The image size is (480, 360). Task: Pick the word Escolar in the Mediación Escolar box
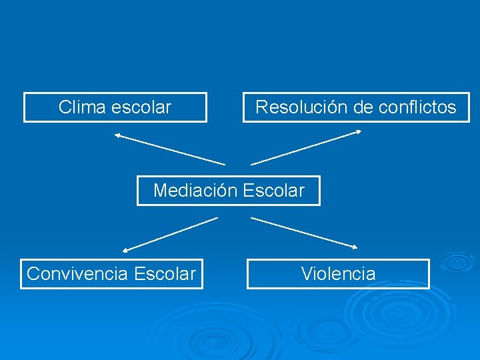pos(273,191)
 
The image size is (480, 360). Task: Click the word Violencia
pos(338,273)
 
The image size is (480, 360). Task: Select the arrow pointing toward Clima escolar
pos(169,149)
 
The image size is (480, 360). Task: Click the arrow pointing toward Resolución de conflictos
pos(306,147)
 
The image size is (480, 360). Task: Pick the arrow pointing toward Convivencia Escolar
pos(171,234)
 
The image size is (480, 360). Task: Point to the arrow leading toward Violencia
pos(304,233)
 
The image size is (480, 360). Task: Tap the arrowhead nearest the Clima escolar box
pos(117,135)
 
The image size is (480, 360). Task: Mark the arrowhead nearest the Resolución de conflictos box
pos(358,132)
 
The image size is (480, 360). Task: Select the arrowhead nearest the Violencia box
pos(355,247)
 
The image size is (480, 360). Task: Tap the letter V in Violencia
pos(306,273)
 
